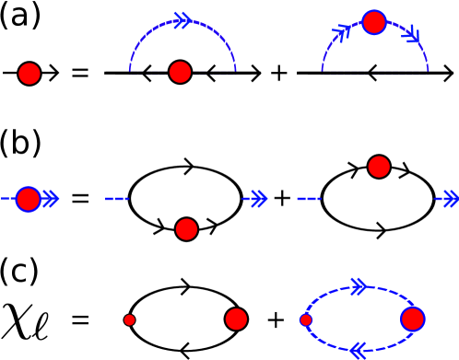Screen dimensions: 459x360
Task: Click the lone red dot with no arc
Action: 29,74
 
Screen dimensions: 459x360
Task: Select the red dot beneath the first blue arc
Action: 181,72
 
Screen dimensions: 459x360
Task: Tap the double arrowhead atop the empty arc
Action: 182,20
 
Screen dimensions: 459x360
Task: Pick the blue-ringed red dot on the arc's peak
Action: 374,22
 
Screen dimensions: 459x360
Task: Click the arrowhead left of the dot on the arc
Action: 342,33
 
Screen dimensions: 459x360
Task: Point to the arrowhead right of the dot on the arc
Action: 411,36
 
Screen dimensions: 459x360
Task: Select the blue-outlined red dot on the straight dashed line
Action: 29,199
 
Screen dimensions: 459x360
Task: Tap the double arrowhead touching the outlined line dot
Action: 51,199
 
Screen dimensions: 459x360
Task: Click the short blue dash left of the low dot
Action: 116,199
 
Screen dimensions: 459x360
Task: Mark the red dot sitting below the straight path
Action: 186,229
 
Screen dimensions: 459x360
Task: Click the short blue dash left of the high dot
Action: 309,199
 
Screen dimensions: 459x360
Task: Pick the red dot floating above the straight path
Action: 379,167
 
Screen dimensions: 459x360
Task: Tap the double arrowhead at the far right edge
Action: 448,199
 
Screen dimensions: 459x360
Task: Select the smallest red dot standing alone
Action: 129,320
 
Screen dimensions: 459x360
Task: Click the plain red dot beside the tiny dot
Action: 236,319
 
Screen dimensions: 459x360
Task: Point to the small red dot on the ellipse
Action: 306,320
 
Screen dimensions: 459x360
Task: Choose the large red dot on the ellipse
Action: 412,319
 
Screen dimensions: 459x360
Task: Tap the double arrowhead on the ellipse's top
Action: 359,287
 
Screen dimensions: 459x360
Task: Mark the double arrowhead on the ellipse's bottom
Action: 359,350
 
